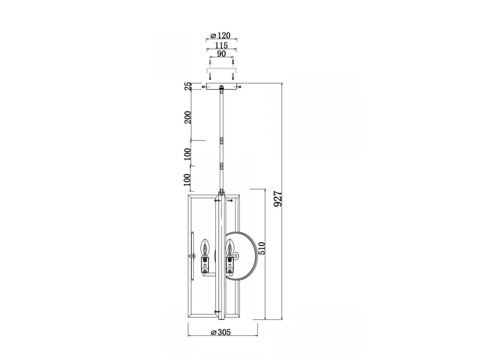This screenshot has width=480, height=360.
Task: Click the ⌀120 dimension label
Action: [x=220, y=36]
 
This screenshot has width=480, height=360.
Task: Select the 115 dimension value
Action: [x=221, y=46]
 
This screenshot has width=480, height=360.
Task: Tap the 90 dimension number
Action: [x=221, y=54]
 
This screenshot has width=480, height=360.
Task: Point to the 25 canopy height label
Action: [x=188, y=86]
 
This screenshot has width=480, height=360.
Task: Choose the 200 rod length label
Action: [x=188, y=117]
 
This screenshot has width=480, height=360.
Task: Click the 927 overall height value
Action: [x=278, y=199]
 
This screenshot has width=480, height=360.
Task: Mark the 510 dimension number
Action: [x=262, y=248]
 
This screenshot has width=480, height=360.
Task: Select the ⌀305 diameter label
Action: [x=221, y=332]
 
